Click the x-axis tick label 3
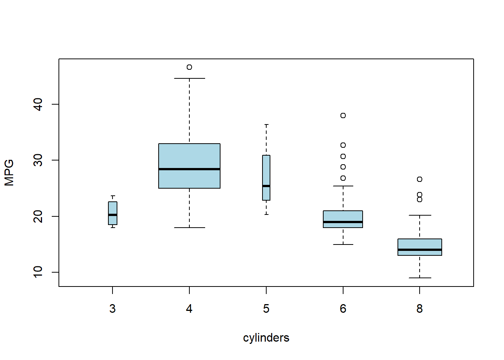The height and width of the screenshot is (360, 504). pyautogui.click(x=112, y=309)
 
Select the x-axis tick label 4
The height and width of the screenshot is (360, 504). pyautogui.click(x=189, y=309)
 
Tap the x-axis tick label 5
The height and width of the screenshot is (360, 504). pyautogui.click(x=266, y=309)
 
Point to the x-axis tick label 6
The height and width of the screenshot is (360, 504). pyautogui.click(x=343, y=309)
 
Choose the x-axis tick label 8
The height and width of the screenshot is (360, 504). pyautogui.click(x=420, y=309)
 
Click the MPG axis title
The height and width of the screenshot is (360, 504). pyautogui.click(x=9, y=172)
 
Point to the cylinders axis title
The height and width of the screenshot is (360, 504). pyautogui.click(x=266, y=338)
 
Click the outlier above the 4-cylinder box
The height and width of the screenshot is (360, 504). pyautogui.click(x=189, y=67)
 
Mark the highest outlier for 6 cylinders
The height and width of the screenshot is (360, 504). pyautogui.click(x=343, y=115)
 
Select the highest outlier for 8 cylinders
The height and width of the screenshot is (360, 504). pyautogui.click(x=420, y=179)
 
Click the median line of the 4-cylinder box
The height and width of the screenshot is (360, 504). pyautogui.click(x=189, y=169)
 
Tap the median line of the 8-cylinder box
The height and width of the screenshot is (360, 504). pyautogui.click(x=420, y=250)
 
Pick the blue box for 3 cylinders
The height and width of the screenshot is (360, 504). pyautogui.click(x=112, y=208)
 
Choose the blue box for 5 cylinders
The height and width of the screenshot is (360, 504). pyautogui.click(x=266, y=172)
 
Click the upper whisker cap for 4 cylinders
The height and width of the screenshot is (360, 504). pyautogui.click(x=189, y=78)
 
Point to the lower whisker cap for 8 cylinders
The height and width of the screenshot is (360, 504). pyautogui.click(x=420, y=278)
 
